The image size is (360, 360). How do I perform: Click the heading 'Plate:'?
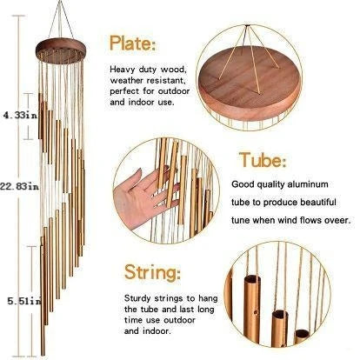pos(133,43)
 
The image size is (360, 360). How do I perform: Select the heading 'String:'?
pos(153,271)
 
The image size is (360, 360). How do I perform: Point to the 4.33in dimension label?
pos(17,114)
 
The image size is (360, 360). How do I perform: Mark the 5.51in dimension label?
pos(18,300)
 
